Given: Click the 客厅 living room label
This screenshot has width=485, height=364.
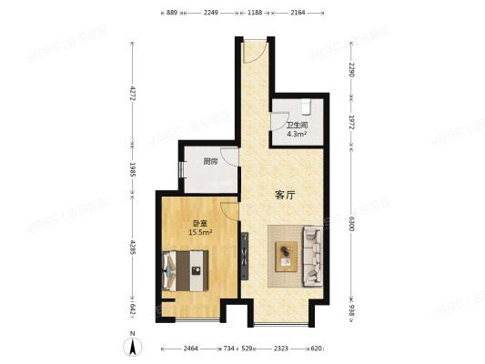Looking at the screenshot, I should tap(286, 194).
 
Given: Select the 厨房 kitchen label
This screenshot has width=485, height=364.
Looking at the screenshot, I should tap(210, 162).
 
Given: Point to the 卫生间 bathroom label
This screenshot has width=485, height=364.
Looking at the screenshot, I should tap(296, 126).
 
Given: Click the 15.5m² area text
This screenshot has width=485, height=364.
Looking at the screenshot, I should tap(200, 232).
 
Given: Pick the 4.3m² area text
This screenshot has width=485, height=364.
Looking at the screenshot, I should tap(296, 135).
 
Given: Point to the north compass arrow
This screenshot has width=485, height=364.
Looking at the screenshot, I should tap(133, 344).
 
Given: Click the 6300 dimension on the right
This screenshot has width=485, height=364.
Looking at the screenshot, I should tap(350, 221).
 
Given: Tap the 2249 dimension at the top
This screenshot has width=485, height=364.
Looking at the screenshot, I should tap(211, 14).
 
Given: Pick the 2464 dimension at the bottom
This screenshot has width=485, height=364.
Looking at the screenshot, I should tap(190, 349).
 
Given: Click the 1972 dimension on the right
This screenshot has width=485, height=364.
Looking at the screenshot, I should tap(350, 122).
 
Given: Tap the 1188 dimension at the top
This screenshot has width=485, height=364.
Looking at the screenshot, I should tap(255, 14).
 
